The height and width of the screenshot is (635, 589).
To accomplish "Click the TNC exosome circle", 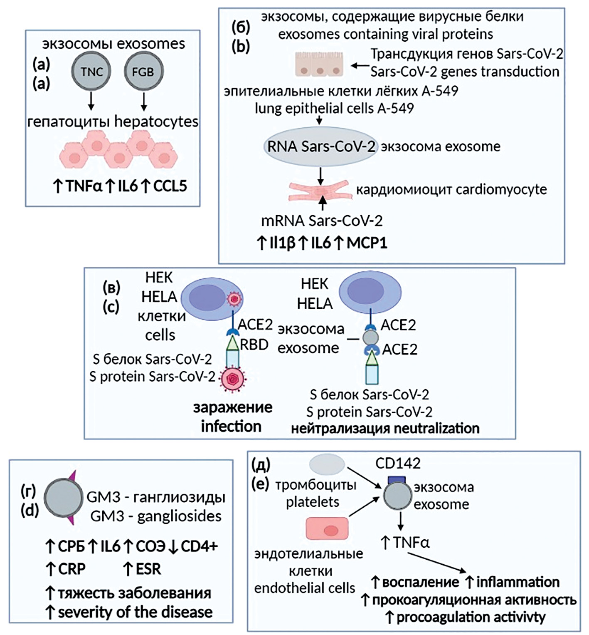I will (91, 72).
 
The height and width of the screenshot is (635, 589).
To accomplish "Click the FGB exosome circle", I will (143, 72).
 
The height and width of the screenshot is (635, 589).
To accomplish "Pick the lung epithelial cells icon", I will (320, 64).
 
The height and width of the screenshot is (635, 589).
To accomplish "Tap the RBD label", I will (254, 344).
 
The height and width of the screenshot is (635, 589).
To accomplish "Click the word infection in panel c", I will (231, 426).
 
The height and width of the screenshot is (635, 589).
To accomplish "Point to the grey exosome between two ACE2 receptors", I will (371, 336).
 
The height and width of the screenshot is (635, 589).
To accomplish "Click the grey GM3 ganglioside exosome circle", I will (63, 498).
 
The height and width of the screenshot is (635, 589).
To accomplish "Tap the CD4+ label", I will (200, 546).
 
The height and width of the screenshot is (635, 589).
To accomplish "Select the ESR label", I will (148, 569).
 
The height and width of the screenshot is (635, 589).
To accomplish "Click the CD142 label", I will (398, 463).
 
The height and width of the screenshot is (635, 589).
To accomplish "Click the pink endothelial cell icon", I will (327, 528).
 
